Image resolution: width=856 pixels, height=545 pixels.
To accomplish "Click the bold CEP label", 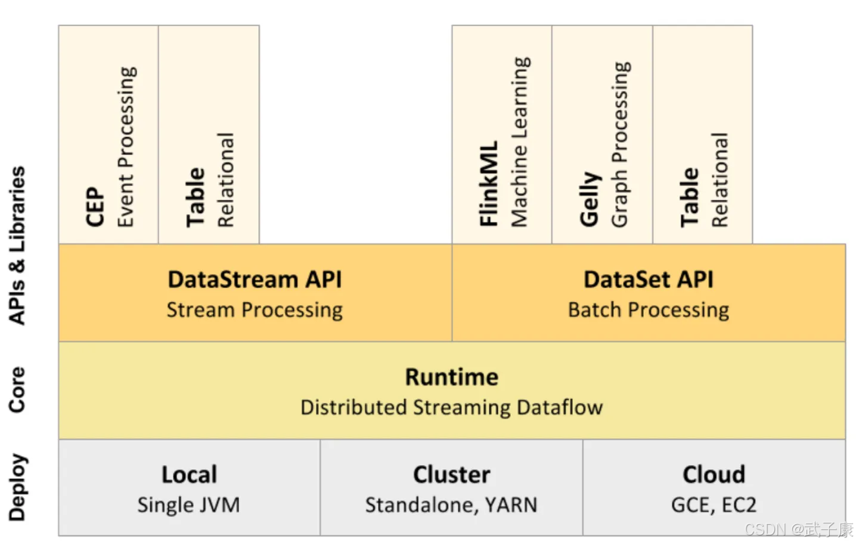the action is [95, 207].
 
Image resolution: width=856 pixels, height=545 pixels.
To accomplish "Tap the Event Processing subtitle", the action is [126, 147].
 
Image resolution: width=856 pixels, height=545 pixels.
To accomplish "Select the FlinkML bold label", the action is [489, 184].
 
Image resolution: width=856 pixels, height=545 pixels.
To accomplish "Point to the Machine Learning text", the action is [520, 142].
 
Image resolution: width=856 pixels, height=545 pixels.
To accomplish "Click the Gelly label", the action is [590, 199].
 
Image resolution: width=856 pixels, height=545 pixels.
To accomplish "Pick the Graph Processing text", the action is [621, 144].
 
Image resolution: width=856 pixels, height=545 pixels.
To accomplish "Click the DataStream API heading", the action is [255, 280].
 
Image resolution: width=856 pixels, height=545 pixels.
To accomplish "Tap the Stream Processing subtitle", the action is [255, 310].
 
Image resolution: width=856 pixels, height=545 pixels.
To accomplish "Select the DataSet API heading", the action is [649, 280].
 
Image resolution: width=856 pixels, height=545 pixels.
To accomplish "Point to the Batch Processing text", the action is [649, 310].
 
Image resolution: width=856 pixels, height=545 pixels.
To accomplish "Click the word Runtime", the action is [452, 377].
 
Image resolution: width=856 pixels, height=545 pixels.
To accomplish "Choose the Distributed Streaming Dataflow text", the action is [452, 407].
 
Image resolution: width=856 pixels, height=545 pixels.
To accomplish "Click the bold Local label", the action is [189, 475].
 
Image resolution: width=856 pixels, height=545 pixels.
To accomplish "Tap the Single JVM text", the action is [189, 505].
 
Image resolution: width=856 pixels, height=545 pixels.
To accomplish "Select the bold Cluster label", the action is [452, 475].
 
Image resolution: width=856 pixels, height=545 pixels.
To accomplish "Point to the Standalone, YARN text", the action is [451, 505].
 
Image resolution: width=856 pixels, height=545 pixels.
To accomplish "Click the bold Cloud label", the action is [714, 475].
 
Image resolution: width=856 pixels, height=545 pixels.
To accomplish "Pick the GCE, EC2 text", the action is [714, 505].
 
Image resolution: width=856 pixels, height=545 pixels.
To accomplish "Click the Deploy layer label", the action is [17, 487].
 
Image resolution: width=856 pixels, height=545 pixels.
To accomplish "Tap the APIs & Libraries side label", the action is [17, 245].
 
